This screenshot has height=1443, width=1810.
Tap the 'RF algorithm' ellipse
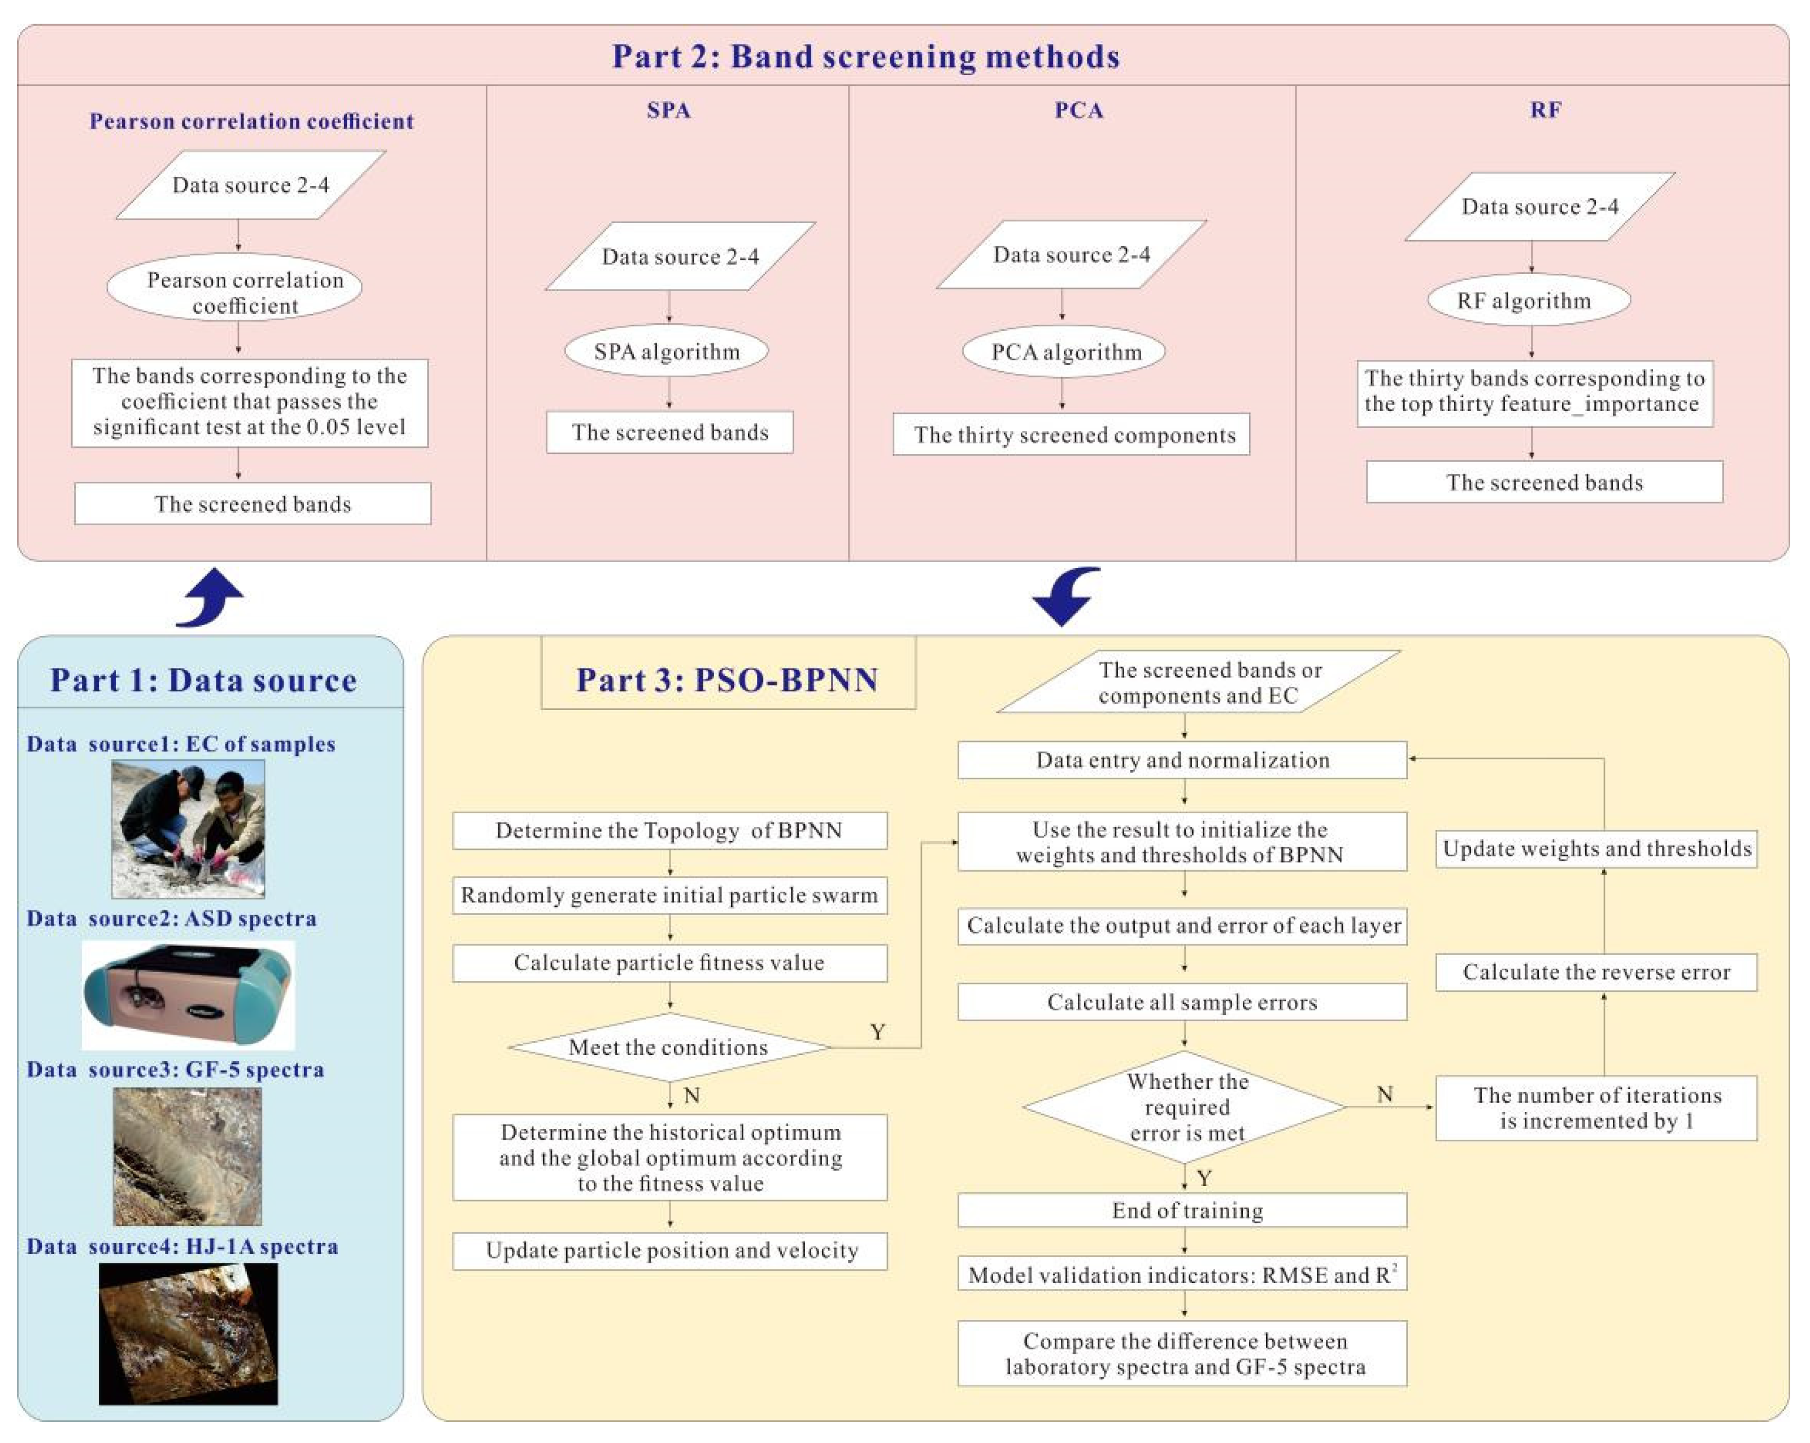pos(1529,300)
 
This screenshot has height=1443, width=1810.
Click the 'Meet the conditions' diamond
pos(668,1047)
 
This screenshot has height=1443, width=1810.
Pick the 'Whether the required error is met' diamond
pos(1185,1106)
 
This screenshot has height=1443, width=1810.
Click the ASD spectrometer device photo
pos(188,995)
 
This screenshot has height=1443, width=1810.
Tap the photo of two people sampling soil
pos(188,829)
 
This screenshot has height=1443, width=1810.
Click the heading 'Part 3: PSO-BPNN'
pos(727,678)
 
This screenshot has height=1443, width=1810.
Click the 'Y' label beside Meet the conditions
pos(877,1032)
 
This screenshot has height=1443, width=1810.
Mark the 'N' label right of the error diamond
pos(1385,1094)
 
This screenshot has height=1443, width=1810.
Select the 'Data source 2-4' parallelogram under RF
pos(1539,207)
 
